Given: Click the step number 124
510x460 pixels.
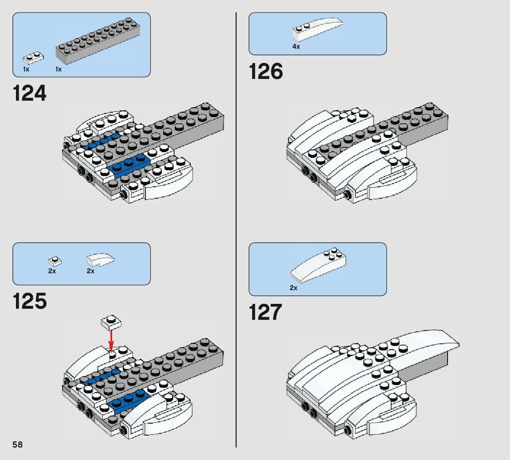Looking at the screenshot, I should pyautogui.click(x=30, y=93).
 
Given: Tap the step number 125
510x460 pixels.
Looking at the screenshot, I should pyautogui.click(x=30, y=301).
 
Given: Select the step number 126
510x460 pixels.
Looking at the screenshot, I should pyautogui.click(x=266, y=71).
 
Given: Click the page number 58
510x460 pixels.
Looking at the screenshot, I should pyautogui.click(x=18, y=444).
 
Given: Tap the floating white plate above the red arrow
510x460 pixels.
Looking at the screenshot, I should pyautogui.click(x=111, y=322).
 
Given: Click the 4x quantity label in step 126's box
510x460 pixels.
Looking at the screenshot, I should pyautogui.click(x=296, y=47).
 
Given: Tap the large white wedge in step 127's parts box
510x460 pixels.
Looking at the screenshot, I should pyautogui.click(x=317, y=266).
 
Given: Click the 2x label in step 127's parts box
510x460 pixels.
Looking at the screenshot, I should pyautogui.click(x=293, y=288).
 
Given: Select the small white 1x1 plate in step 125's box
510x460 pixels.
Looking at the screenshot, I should pyautogui.click(x=55, y=261).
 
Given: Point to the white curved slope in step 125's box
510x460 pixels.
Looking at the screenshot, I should pyautogui.click(x=101, y=259).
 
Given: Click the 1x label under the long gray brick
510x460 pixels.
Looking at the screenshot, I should pyautogui.click(x=58, y=70).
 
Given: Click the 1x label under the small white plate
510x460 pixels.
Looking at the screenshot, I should pyautogui.click(x=26, y=70).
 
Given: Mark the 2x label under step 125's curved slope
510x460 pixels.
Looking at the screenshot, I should pyautogui.click(x=90, y=271).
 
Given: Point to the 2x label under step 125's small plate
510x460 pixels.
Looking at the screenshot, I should pyautogui.click(x=52, y=271).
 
